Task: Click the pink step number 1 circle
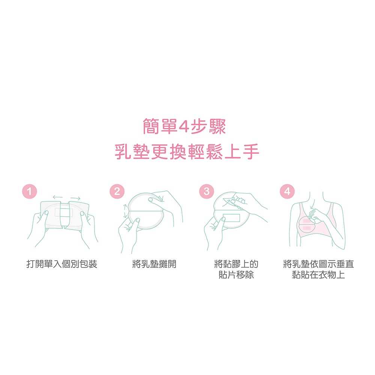click(29, 191)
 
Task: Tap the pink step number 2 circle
click(117, 191)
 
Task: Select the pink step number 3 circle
click(207, 191)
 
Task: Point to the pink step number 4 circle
click(287, 191)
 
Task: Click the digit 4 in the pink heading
click(184, 126)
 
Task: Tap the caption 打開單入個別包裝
click(62, 264)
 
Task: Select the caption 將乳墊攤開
click(154, 264)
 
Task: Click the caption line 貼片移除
click(236, 274)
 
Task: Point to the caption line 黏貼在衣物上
click(318, 274)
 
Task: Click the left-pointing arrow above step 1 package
click(58, 197)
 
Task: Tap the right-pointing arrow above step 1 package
click(75, 198)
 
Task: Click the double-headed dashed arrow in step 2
click(125, 211)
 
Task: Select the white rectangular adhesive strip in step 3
click(231, 218)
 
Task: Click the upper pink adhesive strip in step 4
click(307, 220)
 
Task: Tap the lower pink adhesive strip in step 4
click(307, 228)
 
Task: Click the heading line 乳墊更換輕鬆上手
click(187, 151)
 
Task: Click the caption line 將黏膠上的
click(236, 264)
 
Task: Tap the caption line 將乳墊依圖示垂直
click(318, 264)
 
